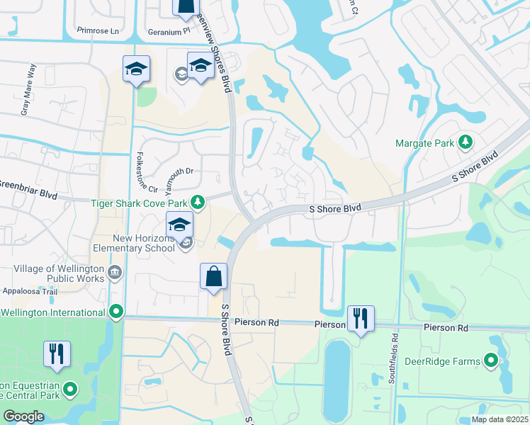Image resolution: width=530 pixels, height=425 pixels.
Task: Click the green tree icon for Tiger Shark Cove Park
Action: pyautogui.click(x=199, y=203)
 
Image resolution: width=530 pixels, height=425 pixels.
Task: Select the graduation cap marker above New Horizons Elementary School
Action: pyautogui.click(x=180, y=225)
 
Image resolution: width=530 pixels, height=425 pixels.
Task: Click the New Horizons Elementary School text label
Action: pyautogui.click(x=133, y=243)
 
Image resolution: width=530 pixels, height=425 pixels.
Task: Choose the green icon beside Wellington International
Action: pyautogui.click(x=116, y=312)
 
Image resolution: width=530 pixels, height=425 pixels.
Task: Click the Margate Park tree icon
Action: pyautogui.click(x=466, y=142)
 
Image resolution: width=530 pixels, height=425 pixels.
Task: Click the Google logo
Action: pyautogui.click(x=23, y=416)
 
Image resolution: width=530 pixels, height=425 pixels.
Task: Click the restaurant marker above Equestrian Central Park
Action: pyautogui.click(x=57, y=353)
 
